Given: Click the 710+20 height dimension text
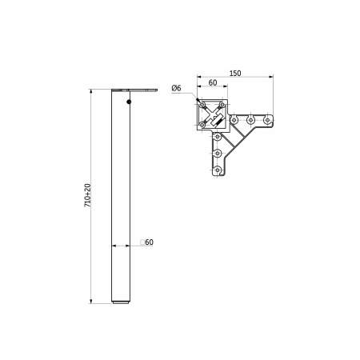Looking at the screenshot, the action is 88,195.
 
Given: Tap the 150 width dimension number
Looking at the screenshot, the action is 235,73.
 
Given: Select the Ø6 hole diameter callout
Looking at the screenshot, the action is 176,88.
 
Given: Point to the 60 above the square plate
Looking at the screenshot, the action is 213,82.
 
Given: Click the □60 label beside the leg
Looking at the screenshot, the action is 147,242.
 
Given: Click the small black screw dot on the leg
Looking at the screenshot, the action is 129,102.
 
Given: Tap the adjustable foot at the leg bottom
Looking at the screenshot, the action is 121,302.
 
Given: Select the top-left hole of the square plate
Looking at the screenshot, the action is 202,105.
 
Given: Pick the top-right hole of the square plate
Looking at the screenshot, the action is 222,105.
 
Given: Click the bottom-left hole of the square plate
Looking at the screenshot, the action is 202,125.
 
